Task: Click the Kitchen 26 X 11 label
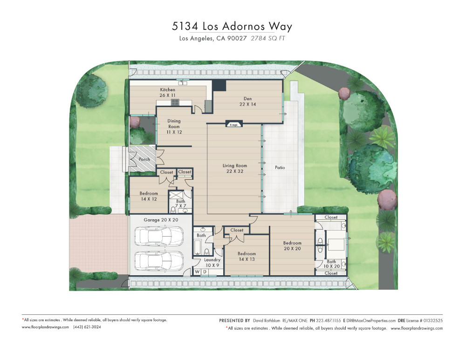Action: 168,92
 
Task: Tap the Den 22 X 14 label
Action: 247,101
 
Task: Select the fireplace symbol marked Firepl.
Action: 234,124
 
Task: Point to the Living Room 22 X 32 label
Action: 235,168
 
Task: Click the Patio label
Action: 280,168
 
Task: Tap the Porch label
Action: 144,159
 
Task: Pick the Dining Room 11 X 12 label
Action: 174,126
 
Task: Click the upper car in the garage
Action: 159,237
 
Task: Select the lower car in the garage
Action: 159,261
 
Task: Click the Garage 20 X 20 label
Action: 161,220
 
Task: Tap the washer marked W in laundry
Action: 197,272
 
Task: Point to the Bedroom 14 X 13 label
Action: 247,256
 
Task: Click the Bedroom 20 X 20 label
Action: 292,245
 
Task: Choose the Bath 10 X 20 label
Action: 331,264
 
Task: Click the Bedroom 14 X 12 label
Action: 149,196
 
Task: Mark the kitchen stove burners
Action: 175,102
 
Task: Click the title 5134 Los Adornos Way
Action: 232,26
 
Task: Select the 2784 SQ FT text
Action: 268,38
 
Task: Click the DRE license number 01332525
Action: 433,320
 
